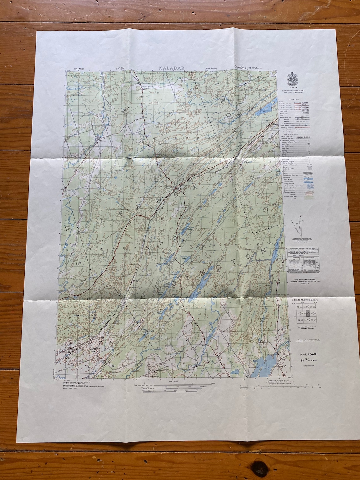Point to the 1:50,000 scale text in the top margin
(x=120, y=68)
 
